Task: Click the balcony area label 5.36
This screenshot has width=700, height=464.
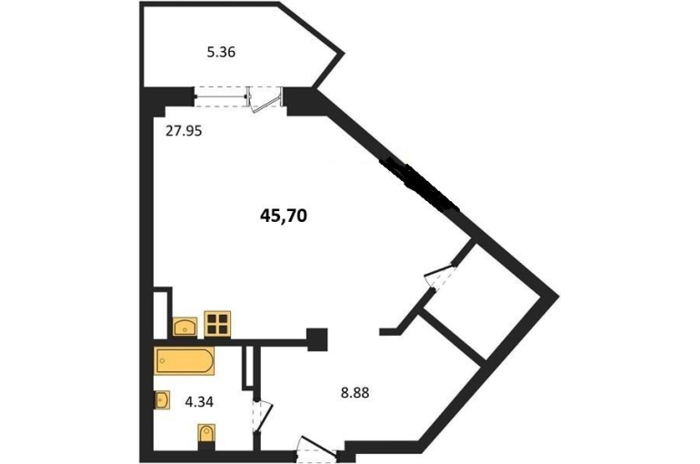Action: pyautogui.click(x=221, y=53)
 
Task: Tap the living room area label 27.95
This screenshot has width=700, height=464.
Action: pyautogui.click(x=184, y=131)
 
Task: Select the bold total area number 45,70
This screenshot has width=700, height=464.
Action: pyautogui.click(x=284, y=217)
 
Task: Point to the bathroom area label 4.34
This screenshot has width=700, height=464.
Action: pyautogui.click(x=199, y=402)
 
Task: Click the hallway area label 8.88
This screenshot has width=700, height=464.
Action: pyautogui.click(x=355, y=393)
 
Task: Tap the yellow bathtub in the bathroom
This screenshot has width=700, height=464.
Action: pyautogui.click(x=184, y=361)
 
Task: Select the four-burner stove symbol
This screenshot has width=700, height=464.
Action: pyautogui.click(x=217, y=324)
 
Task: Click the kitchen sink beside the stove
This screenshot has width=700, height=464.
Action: pyautogui.click(x=185, y=327)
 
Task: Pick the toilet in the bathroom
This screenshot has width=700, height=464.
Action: pyautogui.click(x=206, y=434)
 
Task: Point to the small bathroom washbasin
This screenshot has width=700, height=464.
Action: pyautogui.click(x=162, y=399)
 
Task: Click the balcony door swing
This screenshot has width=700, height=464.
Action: pyautogui.click(x=265, y=100)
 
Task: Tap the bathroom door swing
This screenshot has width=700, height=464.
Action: pyautogui.click(x=262, y=416)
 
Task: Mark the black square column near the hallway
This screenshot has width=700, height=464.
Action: pyautogui.click(x=317, y=339)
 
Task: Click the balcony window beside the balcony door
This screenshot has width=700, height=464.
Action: pyautogui.click(x=222, y=96)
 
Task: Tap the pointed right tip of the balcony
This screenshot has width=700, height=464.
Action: pyautogui.click(x=345, y=54)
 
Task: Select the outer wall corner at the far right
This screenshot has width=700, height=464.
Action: pyautogui.click(x=558, y=296)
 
